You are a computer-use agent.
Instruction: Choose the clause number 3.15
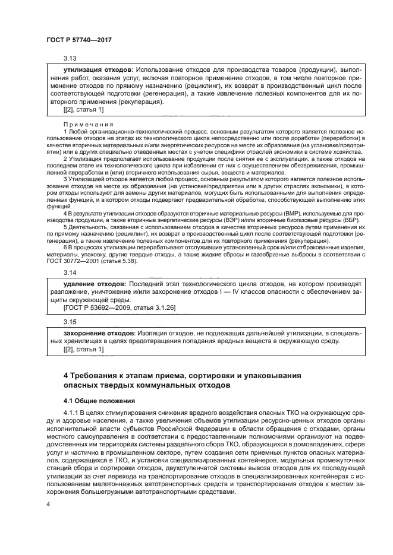pyautogui.click(x=70, y=321)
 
